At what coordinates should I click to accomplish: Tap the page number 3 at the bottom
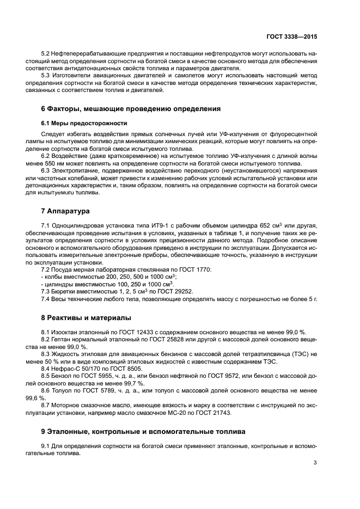coord(315,463)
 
